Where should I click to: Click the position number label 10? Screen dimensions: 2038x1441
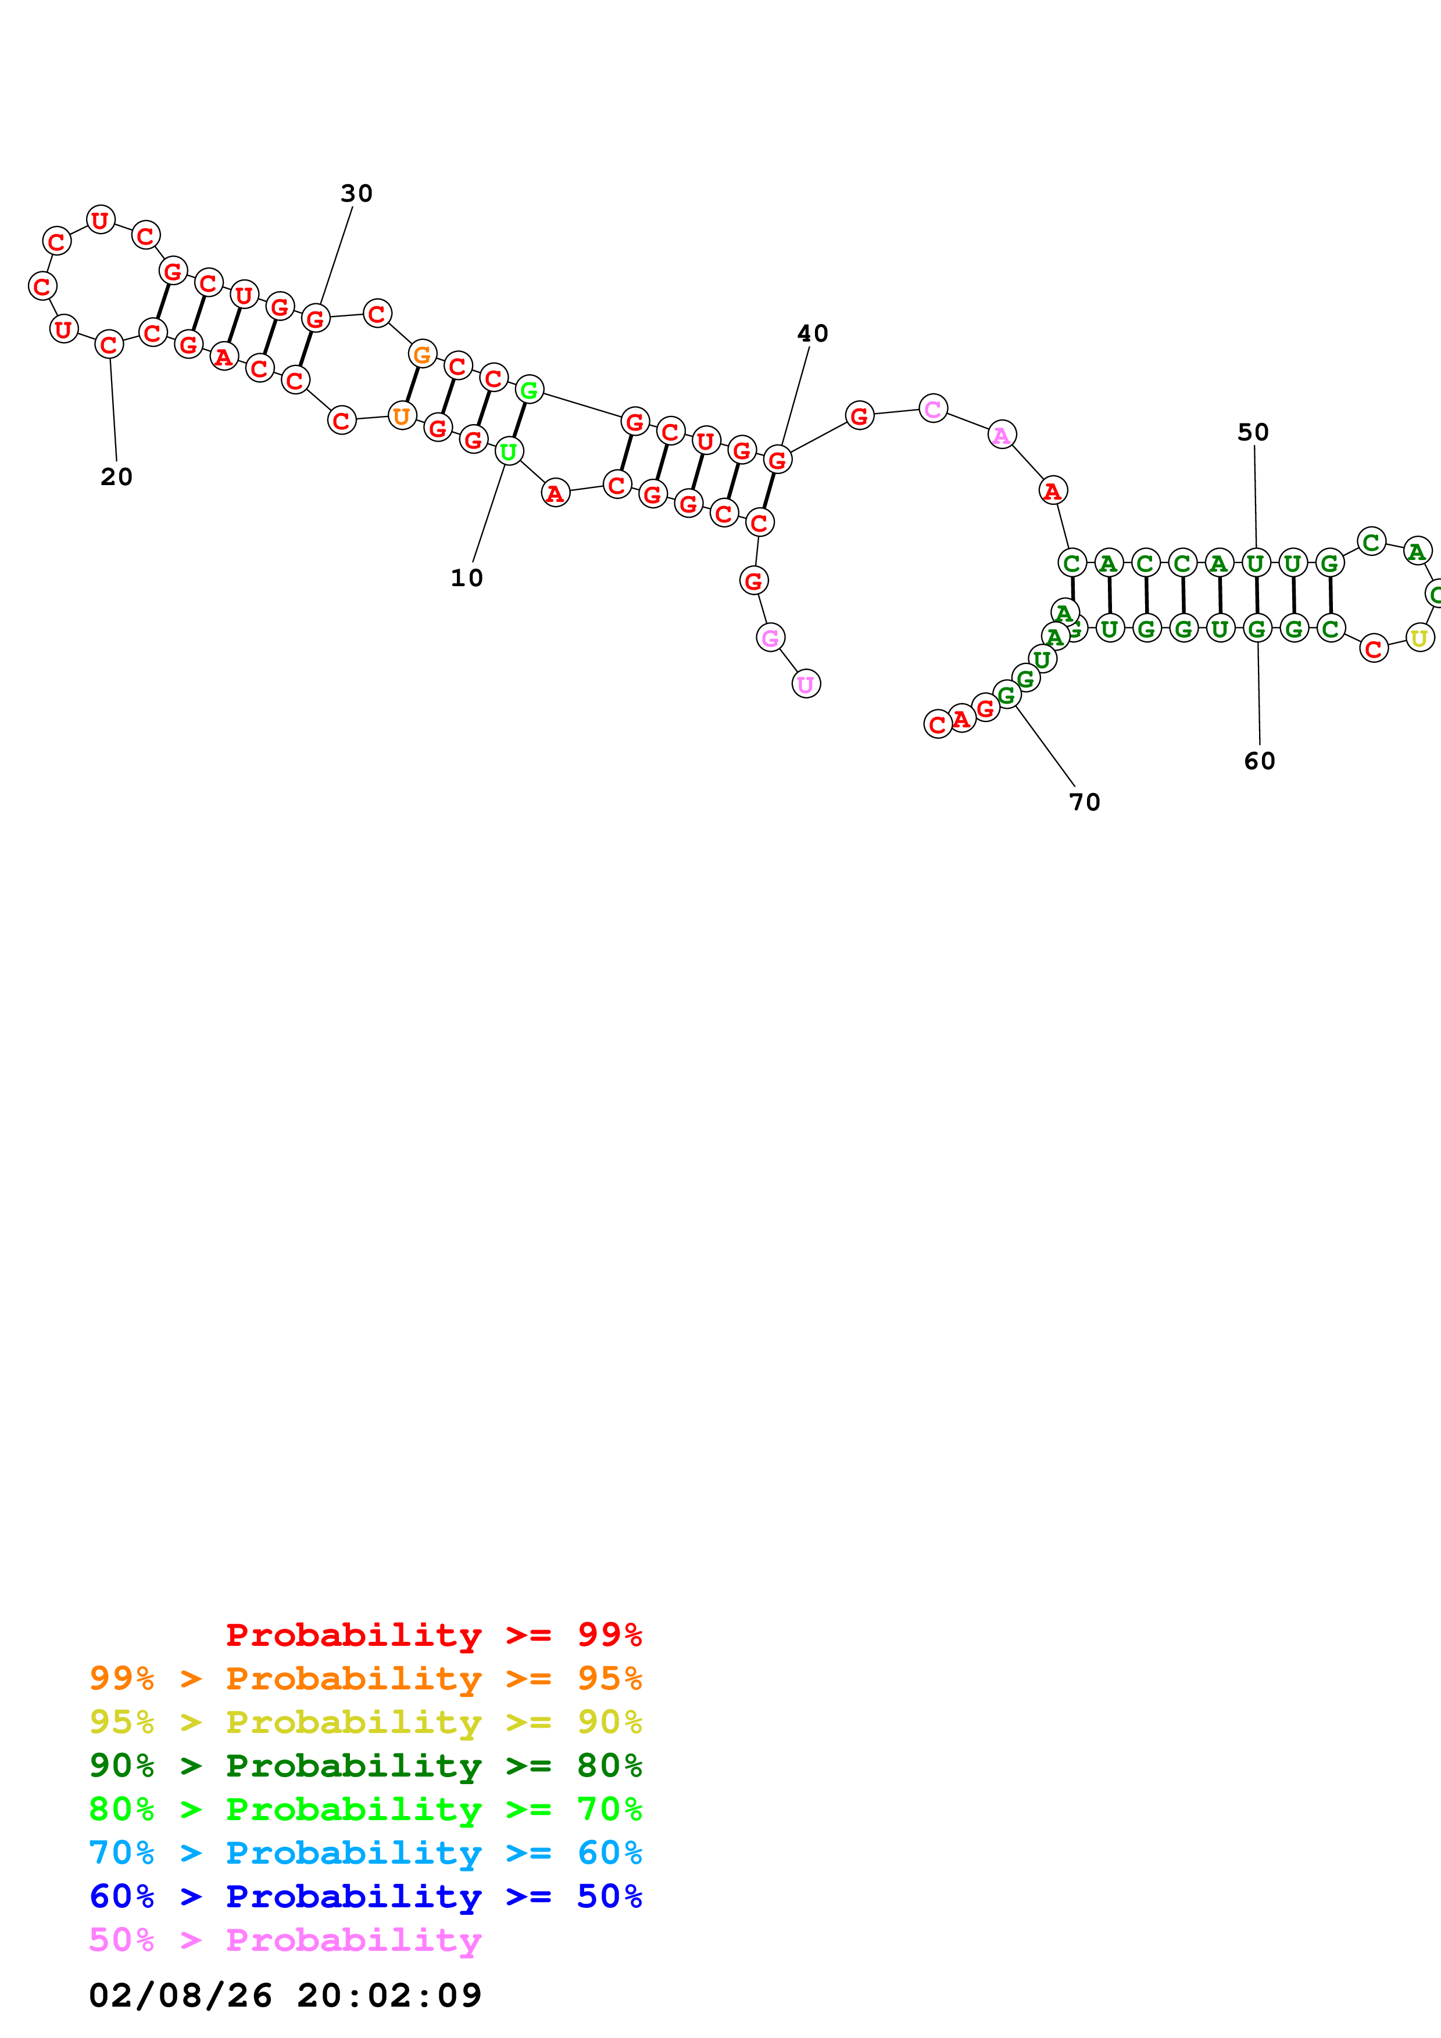click(466, 578)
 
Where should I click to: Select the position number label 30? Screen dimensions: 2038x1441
click(356, 193)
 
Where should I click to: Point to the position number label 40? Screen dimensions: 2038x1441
click(813, 333)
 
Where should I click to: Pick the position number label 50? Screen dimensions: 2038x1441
click(1253, 432)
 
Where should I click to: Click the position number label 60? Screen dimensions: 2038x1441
click(1259, 760)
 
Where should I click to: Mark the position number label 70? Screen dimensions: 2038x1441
click(1084, 802)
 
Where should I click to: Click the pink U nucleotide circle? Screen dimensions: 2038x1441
click(805, 683)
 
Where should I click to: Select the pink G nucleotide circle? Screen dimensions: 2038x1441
click(770, 637)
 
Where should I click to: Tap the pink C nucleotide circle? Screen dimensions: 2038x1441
click(932, 408)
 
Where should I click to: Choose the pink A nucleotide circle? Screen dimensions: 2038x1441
click(1002, 435)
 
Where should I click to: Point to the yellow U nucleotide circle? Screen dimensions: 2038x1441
click(1419, 637)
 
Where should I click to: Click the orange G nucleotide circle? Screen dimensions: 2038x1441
click(422, 354)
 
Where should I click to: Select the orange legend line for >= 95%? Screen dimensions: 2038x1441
click(365, 1678)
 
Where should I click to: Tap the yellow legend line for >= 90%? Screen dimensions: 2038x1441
click(365, 1722)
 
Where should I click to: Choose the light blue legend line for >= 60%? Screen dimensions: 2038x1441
click(365, 1853)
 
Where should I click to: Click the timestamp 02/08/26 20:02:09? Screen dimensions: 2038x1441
click(285, 1994)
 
